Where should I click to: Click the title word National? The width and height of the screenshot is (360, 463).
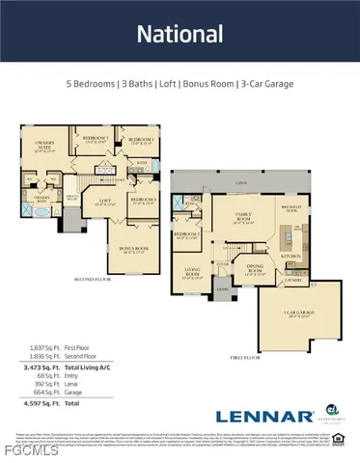pos(180,36)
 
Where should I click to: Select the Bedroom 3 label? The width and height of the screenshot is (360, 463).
pos(95,140)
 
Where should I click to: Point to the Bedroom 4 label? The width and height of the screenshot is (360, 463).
pos(142,143)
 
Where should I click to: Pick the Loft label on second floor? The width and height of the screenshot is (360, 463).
pos(104,204)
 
